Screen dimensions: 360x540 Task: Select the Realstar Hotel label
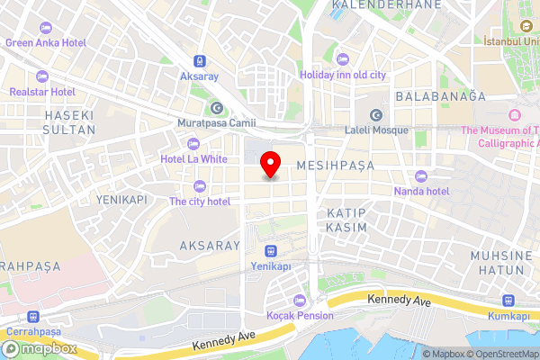pos(42,92)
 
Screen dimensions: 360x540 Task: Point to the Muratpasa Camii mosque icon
pos(216,107)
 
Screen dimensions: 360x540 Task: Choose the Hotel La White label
pos(193,159)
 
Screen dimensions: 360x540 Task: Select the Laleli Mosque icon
pos(376,114)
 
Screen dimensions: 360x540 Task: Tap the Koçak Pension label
pos(300,316)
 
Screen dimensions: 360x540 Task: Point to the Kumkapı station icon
pos(508,301)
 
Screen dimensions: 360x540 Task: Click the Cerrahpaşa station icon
pos(33,317)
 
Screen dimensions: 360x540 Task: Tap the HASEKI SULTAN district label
pos(62,121)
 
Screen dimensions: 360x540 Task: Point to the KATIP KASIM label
pos(346,220)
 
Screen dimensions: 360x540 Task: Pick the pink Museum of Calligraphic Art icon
pos(515,114)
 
